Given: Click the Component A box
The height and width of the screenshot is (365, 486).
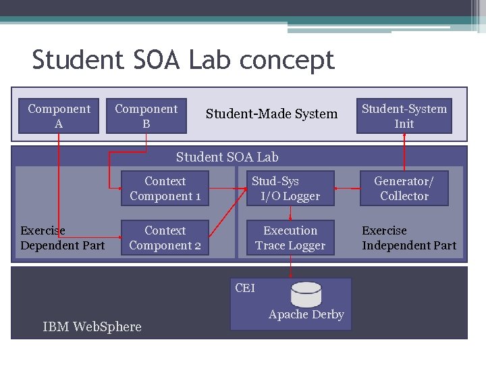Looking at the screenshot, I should pos(59,116).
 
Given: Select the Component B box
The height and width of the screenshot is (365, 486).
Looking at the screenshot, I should pos(146,116).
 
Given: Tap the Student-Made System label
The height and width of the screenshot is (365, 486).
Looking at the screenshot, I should pos(271,114).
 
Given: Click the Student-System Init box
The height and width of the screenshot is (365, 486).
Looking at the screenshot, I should pos(404,116).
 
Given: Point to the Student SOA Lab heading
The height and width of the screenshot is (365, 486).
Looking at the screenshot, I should pos(227,157).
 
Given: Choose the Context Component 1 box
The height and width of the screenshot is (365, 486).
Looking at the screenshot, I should pos(165,189).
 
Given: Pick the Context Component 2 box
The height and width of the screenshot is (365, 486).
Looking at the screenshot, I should pos(165,238).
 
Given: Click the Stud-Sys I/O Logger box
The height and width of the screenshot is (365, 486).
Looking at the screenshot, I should pos(290,189).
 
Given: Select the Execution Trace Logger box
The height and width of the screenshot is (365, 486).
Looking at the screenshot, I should pos(290,238).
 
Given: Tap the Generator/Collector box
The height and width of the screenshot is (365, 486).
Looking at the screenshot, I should pos(404,189).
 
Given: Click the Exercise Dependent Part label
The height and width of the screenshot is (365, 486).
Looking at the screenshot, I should pos(62,238).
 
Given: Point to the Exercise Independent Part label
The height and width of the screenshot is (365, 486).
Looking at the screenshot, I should pos(409,238).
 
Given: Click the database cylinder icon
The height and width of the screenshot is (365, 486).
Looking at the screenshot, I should pos(306,294).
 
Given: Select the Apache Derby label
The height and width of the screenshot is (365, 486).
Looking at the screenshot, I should pos(306,314).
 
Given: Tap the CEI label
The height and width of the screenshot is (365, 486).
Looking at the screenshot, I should pos(245,288).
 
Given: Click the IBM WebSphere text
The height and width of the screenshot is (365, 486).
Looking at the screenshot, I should pos(92,327).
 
